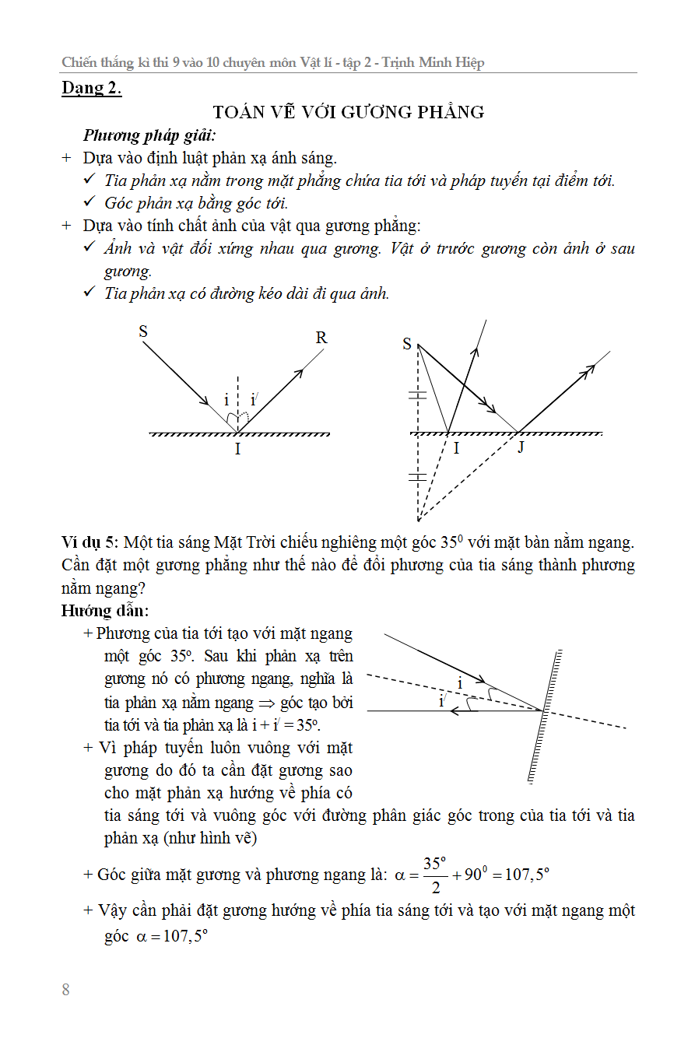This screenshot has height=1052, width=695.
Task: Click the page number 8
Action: [65, 990]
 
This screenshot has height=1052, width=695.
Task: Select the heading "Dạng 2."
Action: [92, 88]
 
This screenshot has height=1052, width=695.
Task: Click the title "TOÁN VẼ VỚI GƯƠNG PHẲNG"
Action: [349, 112]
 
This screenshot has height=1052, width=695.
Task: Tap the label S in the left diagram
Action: [143, 331]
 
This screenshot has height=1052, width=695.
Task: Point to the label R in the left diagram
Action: [321, 338]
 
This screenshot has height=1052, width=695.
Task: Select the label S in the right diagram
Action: [407, 344]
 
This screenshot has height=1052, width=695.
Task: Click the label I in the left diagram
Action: [237, 449]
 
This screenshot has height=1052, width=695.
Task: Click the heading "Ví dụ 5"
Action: [90, 542]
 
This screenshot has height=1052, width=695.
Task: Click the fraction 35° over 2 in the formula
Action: [434, 875]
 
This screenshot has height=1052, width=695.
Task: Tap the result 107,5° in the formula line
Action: [527, 875]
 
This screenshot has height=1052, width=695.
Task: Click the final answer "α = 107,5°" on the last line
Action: [170, 936]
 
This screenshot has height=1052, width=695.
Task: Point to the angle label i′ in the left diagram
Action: [254, 400]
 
